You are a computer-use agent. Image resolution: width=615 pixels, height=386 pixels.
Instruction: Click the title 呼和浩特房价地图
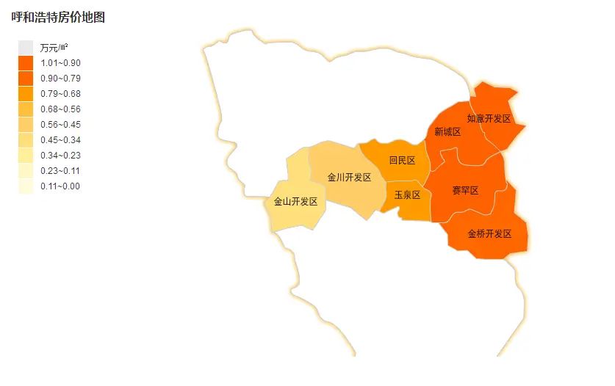point(58,18)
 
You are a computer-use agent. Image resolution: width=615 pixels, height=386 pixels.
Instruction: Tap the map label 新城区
point(447,132)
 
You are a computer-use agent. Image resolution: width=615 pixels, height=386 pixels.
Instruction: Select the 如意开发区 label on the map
point(489,118)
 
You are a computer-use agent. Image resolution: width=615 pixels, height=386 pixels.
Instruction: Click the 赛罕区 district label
point(464,191)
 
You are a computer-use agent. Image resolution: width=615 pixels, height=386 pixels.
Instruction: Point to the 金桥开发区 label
point(489,234)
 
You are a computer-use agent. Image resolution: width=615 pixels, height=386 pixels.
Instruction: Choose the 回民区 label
point(402,161)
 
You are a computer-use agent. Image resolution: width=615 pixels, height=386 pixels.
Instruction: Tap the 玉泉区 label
point(407,195)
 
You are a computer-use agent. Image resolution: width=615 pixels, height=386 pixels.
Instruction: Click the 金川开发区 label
point(349,178)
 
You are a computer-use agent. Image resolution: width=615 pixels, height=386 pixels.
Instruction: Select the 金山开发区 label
point(295,202)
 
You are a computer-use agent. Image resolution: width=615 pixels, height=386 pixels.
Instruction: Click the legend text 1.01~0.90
point(60,63)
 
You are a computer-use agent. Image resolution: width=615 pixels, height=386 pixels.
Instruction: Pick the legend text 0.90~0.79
point(60,79)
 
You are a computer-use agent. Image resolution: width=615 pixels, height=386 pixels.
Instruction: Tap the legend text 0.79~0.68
point(60,94)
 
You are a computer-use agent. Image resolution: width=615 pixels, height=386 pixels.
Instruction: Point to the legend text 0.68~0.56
point(60,109)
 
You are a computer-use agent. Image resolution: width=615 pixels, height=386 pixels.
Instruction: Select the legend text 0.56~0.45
point(60,125)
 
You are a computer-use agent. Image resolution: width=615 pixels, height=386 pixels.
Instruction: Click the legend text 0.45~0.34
point(60,140)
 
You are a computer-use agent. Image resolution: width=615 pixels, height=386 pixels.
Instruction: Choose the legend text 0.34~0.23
point(60,156)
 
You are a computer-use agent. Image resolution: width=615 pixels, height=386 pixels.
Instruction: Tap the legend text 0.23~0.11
point(60,171)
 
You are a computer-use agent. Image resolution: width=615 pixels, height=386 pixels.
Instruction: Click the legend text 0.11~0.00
point(60,186)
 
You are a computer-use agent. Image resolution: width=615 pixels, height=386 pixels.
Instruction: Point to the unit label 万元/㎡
point(54,48)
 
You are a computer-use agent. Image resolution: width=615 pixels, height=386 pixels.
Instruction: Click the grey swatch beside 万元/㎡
point(26,48)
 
